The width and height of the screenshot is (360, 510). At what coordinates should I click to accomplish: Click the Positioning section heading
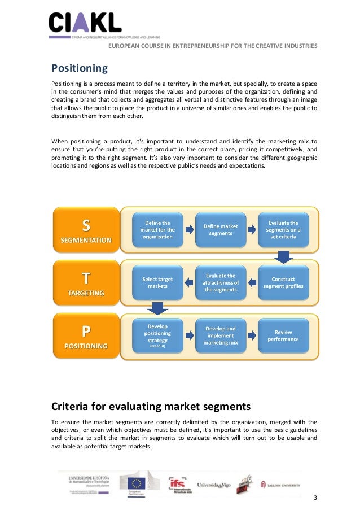[80, 69]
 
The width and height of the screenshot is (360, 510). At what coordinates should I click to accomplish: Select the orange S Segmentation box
[86, 230]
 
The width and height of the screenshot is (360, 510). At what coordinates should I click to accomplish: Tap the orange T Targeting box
[86, 284]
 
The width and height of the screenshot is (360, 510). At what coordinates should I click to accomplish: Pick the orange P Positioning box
[86, 335]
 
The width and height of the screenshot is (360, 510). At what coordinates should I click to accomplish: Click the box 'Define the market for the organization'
[157, 230]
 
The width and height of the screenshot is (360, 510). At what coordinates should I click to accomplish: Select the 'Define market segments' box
[220, 230]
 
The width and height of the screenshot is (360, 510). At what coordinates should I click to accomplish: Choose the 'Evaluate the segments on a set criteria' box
[284, 230]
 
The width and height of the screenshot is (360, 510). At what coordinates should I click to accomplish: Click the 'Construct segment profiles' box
[283, 282]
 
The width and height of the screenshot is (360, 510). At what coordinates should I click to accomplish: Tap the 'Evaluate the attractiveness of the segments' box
[220, 282]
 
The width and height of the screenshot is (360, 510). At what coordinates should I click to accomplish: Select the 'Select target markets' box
[157, 282]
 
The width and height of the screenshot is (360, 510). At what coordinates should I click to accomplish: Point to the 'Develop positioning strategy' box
[157, 335]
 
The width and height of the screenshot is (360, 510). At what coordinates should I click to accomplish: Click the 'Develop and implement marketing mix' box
[220, 335]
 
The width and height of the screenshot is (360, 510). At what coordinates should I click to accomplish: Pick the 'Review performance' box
[283, 335]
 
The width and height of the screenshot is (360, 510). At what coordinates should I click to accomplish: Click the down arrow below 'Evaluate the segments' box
[284, 257]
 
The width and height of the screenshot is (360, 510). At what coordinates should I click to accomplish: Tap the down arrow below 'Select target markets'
[157, 309]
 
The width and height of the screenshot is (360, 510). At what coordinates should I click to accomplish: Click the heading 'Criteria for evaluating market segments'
[151, 407]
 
